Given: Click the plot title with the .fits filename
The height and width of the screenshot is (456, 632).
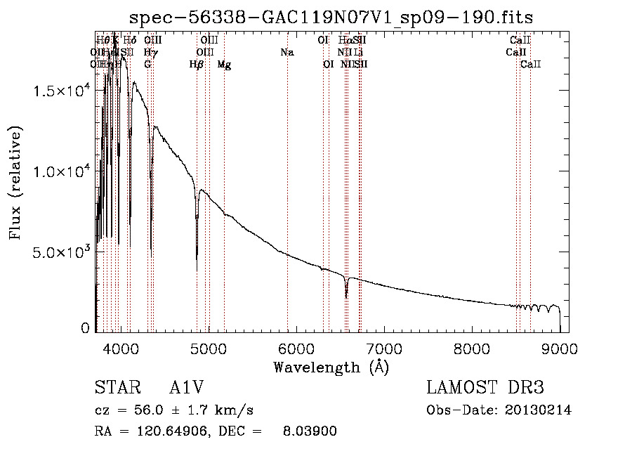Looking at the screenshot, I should (x=331, y=17).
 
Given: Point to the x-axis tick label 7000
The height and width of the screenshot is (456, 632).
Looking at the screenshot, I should (x=384, y=348).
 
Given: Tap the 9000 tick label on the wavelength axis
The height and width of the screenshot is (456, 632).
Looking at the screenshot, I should (x=560, y=348).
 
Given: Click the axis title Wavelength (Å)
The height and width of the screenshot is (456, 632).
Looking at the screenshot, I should (x=331, y=367).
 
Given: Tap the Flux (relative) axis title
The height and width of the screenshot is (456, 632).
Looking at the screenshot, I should (x=15, y=183).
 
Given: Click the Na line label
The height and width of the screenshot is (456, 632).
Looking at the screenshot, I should (x=287, y=53).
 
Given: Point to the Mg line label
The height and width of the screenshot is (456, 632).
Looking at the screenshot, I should (x=224, y=65).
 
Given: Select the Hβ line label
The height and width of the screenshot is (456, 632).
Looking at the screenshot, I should (x=197, y=65).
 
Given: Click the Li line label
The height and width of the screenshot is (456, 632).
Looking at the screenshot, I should (x=358, y=53).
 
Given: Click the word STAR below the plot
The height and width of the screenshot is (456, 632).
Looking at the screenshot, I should (x=117, y=388).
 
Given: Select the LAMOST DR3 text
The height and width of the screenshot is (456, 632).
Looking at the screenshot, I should (x=485, y=388).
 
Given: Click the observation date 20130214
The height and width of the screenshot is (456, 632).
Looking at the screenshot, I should (x=539, y=410).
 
